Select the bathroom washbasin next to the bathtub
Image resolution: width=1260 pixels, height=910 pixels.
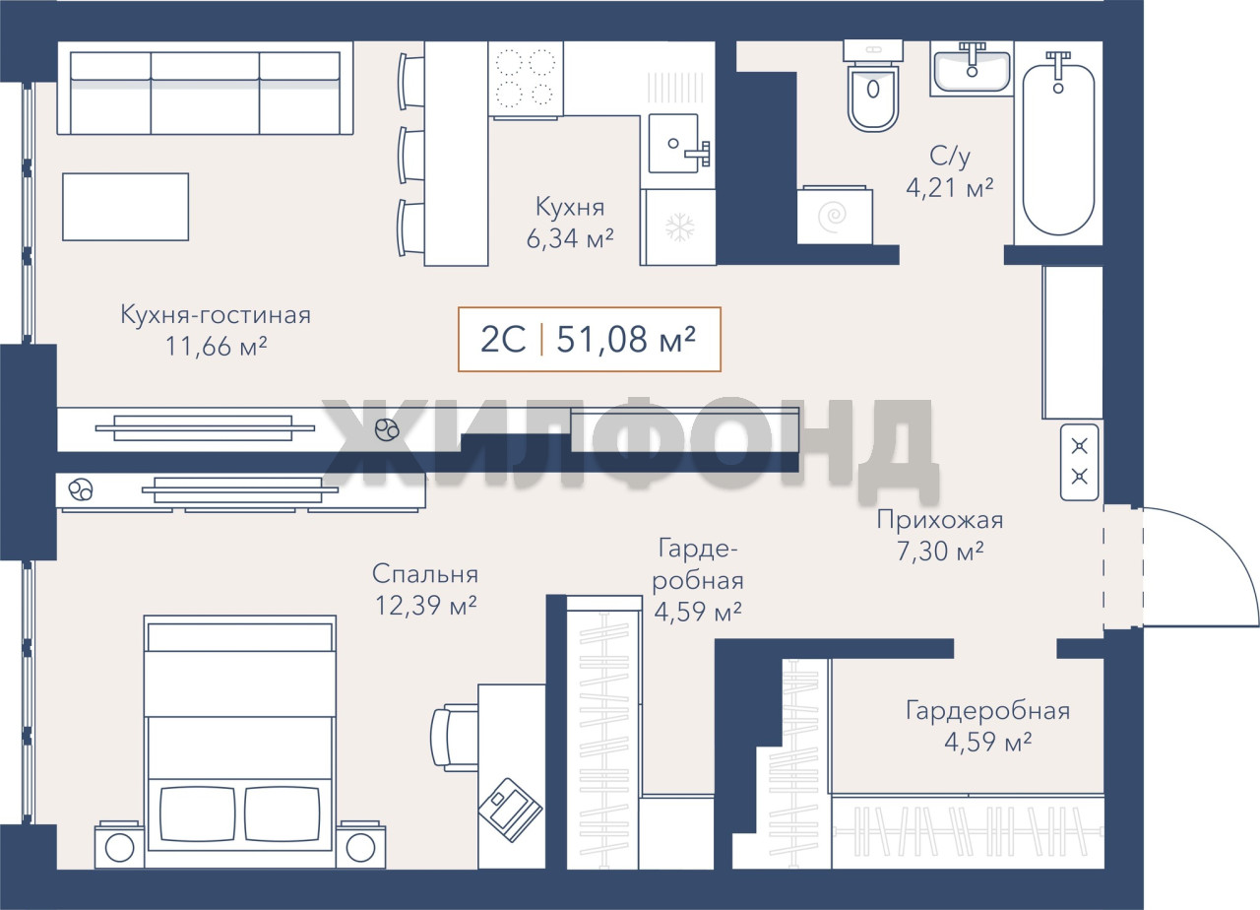[x=972, y=68]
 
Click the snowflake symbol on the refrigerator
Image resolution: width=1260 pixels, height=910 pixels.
[x=679, y=227]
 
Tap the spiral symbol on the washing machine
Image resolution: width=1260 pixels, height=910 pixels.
[x=832, y=217]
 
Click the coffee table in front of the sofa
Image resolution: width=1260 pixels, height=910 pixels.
[x=125, y=207]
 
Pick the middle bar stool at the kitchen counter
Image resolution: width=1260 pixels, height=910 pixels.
[x=410, y=155]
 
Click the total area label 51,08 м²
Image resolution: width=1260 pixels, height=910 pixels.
[x=626, y=340]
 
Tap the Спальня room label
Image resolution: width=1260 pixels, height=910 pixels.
[x=425, y=574]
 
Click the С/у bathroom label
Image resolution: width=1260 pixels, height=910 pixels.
[x=950, y=156]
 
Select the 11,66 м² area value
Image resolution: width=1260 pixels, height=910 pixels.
[x=216, y=346]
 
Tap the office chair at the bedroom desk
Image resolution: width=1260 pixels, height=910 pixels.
[x=454, y=738]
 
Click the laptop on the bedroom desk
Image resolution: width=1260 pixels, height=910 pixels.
[x=510, y=810]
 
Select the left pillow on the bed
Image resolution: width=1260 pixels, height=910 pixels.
[x=198, y=814]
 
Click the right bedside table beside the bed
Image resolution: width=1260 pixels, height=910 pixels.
[x=361, y=844]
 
